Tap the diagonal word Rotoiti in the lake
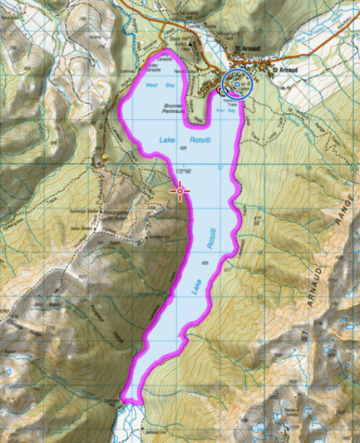tap(211, 239)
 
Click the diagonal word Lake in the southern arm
tap(195, 288)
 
